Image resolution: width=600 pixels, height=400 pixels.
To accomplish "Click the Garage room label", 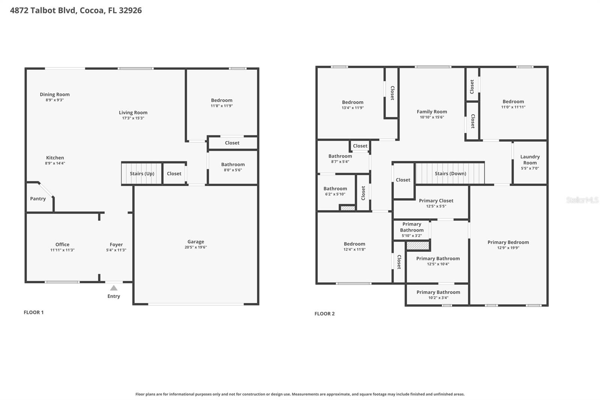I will (196, 242).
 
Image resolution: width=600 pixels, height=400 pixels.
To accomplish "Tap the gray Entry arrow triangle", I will (114, 288).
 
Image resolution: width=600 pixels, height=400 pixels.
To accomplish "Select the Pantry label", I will (38, 198).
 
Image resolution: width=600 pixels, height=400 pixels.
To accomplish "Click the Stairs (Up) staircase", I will (142, 173).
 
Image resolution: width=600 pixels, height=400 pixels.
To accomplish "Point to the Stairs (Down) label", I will (450, 173).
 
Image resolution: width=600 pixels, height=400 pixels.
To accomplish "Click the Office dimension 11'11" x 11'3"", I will (62, 250).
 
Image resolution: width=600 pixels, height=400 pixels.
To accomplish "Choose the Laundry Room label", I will (530, 160).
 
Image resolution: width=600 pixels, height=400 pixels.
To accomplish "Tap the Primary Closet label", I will (436, 201).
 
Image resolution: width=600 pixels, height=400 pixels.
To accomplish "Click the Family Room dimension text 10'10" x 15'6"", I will (432, 117).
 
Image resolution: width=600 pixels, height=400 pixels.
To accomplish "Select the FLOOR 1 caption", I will (34, 312).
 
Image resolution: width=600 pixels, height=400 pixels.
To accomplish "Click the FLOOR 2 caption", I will (324, 314).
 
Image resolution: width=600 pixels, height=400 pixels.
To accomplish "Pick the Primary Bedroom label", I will (508, 242).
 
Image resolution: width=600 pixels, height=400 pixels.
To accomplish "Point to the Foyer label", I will (116, 245).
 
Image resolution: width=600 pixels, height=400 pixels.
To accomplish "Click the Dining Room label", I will (55, 95).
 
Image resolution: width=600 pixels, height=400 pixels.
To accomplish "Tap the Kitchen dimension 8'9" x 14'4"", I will (55, 163).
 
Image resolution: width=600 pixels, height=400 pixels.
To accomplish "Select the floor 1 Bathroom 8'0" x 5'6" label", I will (233, 164).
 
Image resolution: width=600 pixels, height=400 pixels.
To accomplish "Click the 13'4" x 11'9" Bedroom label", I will (352, 102).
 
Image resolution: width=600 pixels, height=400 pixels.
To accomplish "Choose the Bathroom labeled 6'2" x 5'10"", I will (335, 189).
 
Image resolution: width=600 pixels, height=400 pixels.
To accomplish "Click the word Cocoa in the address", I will (91, 10).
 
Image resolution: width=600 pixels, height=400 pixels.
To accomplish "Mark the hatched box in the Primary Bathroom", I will (418, 246).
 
